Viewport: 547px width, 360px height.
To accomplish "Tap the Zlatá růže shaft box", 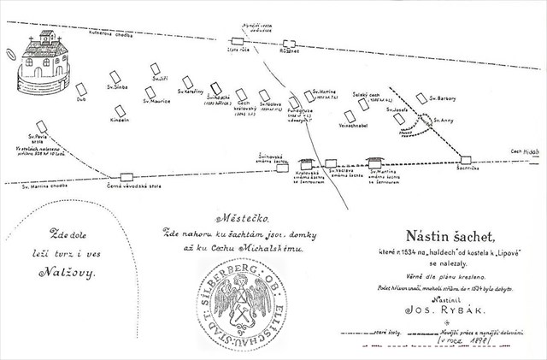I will point(238,40).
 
